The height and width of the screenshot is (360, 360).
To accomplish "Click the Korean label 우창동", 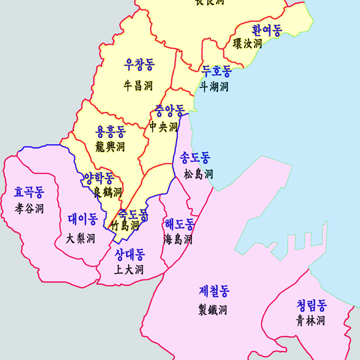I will [139, 65].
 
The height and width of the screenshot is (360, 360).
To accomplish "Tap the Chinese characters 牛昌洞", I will [139, 85].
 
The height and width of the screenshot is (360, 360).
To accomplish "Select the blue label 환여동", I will [267, 29].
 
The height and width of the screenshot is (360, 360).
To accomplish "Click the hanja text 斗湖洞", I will [214, 87].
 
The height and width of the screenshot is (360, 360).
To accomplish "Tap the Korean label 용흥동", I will [111, 131].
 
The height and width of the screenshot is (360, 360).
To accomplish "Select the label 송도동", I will [195, 158].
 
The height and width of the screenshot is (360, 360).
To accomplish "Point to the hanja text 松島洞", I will [199, 175].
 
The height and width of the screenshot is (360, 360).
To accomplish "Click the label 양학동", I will [99, 178].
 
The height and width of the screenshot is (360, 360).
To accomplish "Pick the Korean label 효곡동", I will [29, 193].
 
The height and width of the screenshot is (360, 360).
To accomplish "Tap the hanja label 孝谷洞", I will [29, 209].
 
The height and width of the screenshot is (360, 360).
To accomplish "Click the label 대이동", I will [83, 219].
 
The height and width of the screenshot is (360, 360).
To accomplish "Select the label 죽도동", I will [133, 215].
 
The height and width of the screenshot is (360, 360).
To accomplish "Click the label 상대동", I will [129, 254].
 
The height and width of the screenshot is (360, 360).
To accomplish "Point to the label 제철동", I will [214, 291].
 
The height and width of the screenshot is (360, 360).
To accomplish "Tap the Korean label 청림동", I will [311, 305].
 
